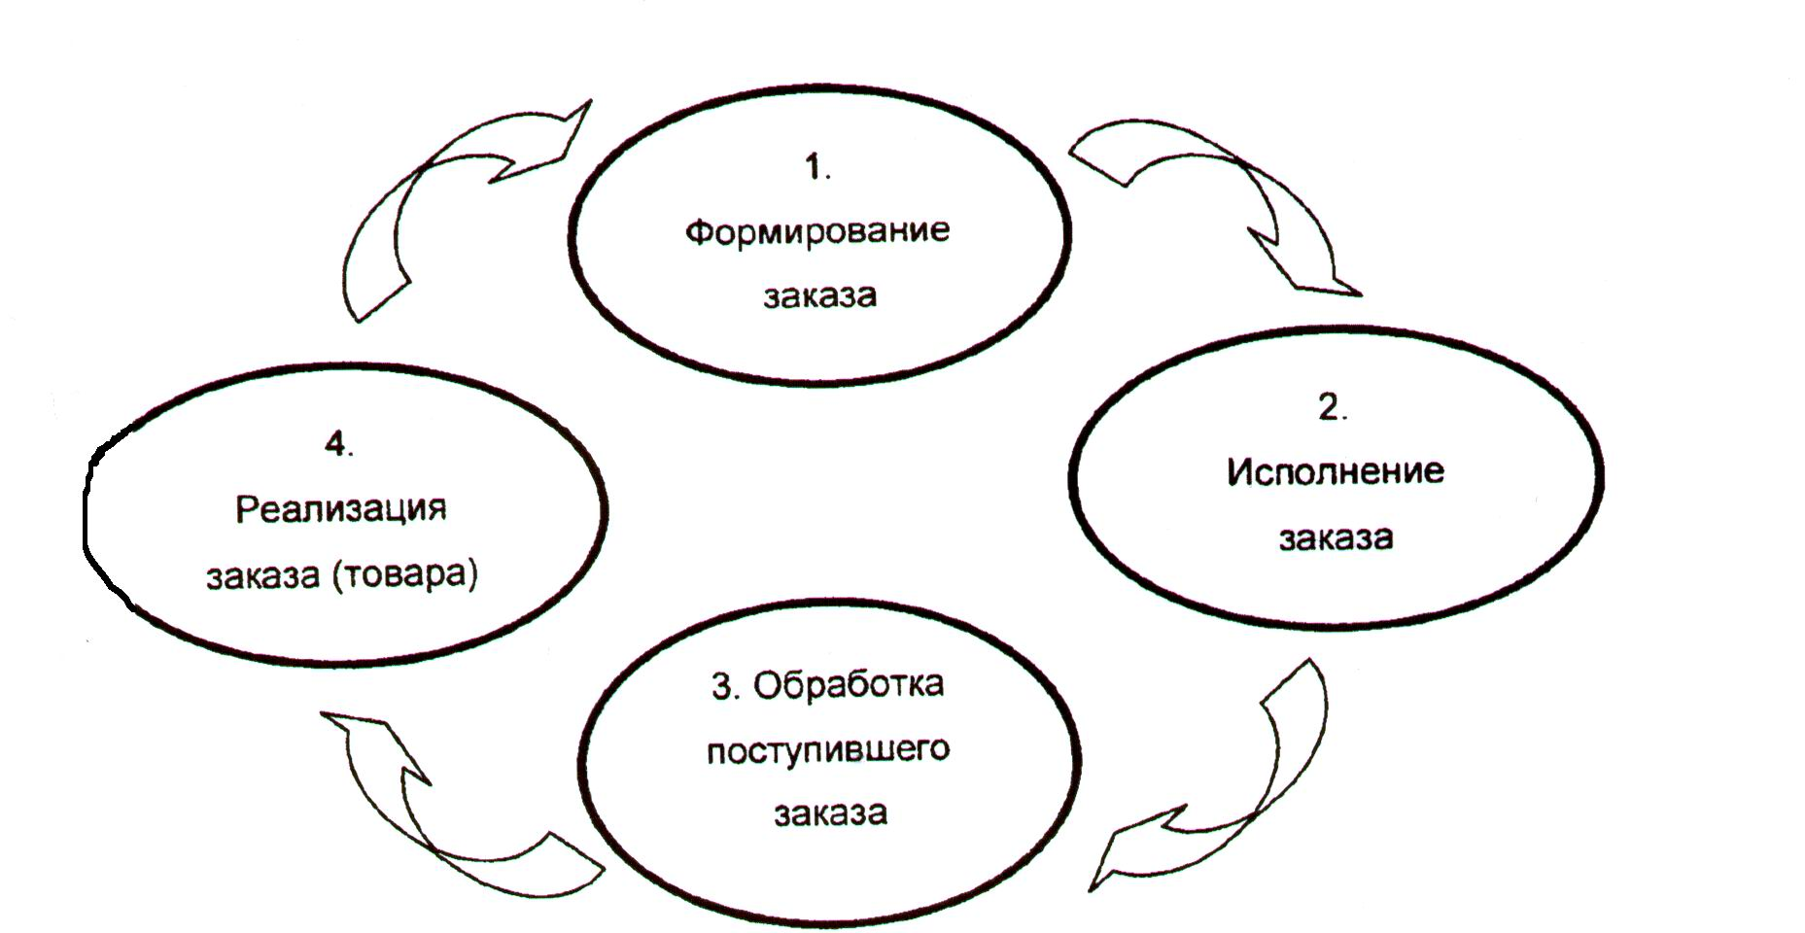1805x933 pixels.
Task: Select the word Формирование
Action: (817, 232)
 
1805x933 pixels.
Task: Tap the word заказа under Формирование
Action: (819, 294)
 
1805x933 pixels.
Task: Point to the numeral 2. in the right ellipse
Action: (1333, 408)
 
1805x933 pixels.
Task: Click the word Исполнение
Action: (1335, 471)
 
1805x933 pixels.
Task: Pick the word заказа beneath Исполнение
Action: (1336, 537)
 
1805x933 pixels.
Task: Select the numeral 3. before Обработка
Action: (726, 686)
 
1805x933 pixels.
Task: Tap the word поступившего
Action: (827, 752)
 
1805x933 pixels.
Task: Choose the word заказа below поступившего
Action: (830, 812)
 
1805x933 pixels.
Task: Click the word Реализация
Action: (340, 510)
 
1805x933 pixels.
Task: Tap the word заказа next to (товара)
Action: (262, 576)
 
